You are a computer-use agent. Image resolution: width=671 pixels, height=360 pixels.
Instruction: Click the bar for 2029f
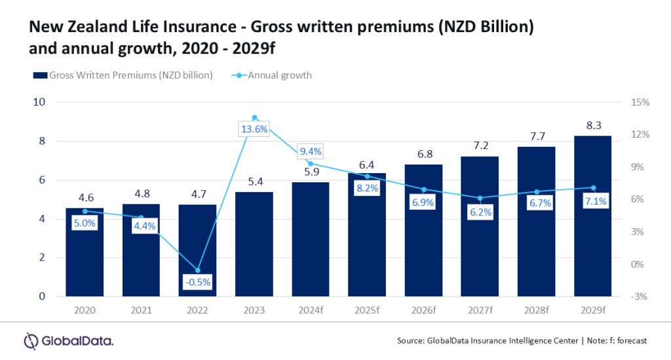click(x=592, y=216)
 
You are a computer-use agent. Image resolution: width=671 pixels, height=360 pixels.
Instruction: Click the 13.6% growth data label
click(x=254, y=129)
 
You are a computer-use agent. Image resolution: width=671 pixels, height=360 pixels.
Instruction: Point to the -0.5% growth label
click(x=197, y=282)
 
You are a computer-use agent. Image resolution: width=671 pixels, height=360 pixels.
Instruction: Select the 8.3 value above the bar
click(x=592, y=125)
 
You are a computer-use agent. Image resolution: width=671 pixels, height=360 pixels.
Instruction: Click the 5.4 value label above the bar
click(x=254, y=181)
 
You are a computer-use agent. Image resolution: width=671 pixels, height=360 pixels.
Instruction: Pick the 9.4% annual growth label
click(x=311, y=152)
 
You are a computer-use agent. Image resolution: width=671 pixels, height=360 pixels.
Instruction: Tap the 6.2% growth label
click(x=480, y=212)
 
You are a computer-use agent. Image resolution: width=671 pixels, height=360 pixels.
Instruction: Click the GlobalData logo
click(x=69, y=340)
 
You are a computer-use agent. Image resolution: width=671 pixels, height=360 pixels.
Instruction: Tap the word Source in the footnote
click(x=411, y=341)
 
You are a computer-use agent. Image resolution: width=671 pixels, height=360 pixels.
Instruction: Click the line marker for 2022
click(x=197, y=270)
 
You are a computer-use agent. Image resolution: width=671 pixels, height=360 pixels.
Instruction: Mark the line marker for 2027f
click(x=480, y=198)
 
